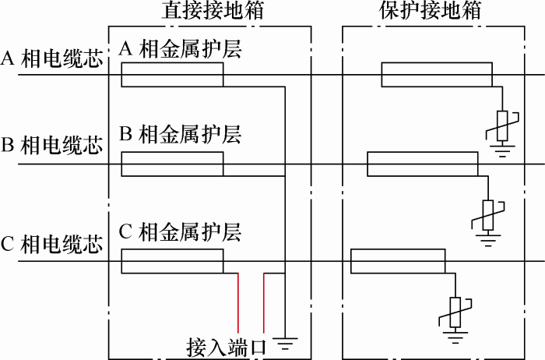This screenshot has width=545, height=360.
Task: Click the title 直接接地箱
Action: point(213,10)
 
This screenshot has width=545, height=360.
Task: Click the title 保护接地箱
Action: point(431,10)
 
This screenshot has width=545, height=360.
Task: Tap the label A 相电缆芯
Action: point(52,58)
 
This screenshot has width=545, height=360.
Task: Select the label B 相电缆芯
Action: point(52,145)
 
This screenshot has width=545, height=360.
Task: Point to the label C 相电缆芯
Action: point(52,244)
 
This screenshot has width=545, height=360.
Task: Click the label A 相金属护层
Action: point(180,48)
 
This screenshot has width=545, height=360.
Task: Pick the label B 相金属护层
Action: point(180,134)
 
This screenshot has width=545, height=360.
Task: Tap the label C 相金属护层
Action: point(180,232)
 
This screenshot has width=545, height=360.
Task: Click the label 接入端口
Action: point(227,348)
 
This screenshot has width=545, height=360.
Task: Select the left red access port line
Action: point(238,303)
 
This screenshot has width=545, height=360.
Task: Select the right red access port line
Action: point(264,303)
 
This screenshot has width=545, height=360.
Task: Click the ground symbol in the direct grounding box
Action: point(285,344)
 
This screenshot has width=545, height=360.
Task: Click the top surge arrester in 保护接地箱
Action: point(502,126)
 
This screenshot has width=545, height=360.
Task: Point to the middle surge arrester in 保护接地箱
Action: point(488,215)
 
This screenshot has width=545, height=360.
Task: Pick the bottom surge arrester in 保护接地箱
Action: point(455,312)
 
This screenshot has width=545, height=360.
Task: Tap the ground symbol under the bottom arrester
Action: point(455,336)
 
